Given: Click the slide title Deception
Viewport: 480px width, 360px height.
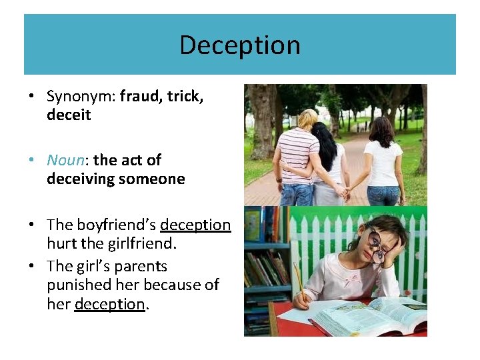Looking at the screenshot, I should pos(239,45).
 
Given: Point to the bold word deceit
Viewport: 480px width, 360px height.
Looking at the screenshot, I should pos(69,115).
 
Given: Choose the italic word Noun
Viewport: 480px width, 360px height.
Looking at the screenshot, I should pos(67,160).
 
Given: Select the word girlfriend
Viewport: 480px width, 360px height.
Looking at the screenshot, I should pos(141,244).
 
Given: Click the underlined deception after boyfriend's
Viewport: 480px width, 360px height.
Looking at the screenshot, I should pos(195,225).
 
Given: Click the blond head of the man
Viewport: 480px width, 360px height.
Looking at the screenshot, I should pos(307,119).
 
